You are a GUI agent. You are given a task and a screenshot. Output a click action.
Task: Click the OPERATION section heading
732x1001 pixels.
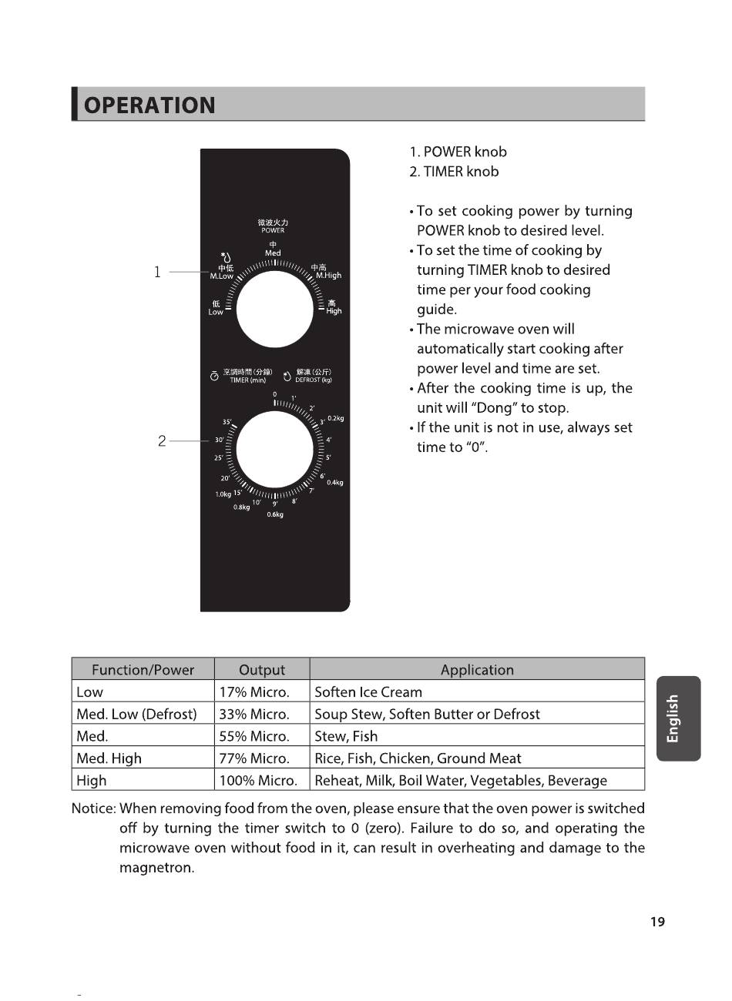[x=149, y=105]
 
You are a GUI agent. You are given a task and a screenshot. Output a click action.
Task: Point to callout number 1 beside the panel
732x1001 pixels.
[x=157, y=272]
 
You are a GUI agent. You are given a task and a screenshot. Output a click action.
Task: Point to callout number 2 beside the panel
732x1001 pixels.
[x=162, y=441]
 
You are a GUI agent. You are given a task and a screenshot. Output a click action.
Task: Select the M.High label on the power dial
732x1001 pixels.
[x=327, y=275]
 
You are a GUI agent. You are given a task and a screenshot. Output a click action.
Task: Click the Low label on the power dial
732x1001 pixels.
[x=216, y=312]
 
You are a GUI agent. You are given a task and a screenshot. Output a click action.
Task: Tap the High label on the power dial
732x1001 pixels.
[x=334, y=311]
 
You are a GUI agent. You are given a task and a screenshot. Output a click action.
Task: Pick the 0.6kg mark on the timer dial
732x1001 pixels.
[x=275, y=514]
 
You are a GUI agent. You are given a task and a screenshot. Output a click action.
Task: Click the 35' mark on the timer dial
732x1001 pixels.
[x=227, y=422]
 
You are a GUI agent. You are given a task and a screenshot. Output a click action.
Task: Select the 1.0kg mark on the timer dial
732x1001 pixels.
[x=223, y=494]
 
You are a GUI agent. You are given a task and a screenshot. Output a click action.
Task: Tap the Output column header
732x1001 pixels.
[x=262, y=670]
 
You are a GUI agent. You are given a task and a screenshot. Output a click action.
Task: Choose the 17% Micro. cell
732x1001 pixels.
[x=254, y=692]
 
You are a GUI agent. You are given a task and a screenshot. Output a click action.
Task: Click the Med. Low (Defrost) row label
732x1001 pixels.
[x=137, y=714]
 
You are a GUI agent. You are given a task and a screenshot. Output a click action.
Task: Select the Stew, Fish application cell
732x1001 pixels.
[x=346, y=736]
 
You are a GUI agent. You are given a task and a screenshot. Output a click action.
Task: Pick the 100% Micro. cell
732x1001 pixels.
[x=258, y=780]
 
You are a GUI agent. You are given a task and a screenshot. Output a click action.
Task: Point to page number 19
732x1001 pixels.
[x=656, y=922]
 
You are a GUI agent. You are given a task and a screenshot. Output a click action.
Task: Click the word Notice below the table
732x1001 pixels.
[x=93, y=808]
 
